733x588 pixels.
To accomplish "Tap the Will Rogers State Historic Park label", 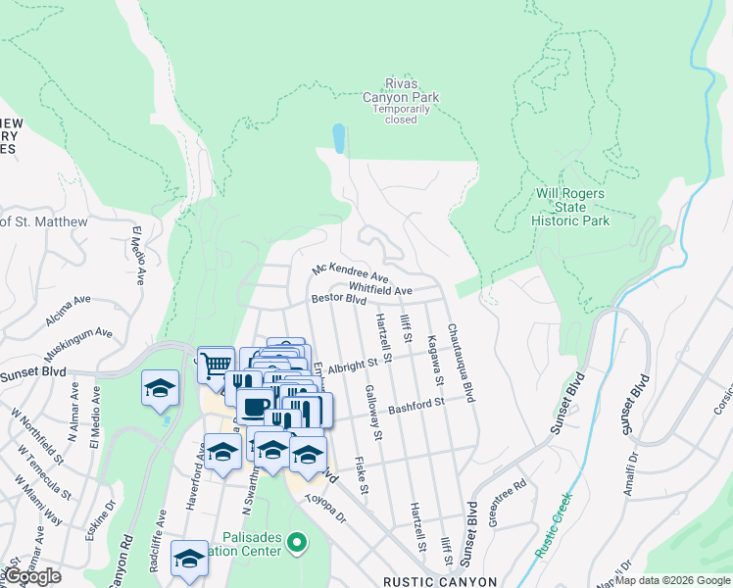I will click(570, 207).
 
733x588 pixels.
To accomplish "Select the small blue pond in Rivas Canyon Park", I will click(338, 138).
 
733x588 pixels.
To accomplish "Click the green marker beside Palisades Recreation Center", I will click(302, 540).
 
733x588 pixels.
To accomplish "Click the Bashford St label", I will click(416, 403).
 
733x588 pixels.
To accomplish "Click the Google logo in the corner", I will click(32, 576).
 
